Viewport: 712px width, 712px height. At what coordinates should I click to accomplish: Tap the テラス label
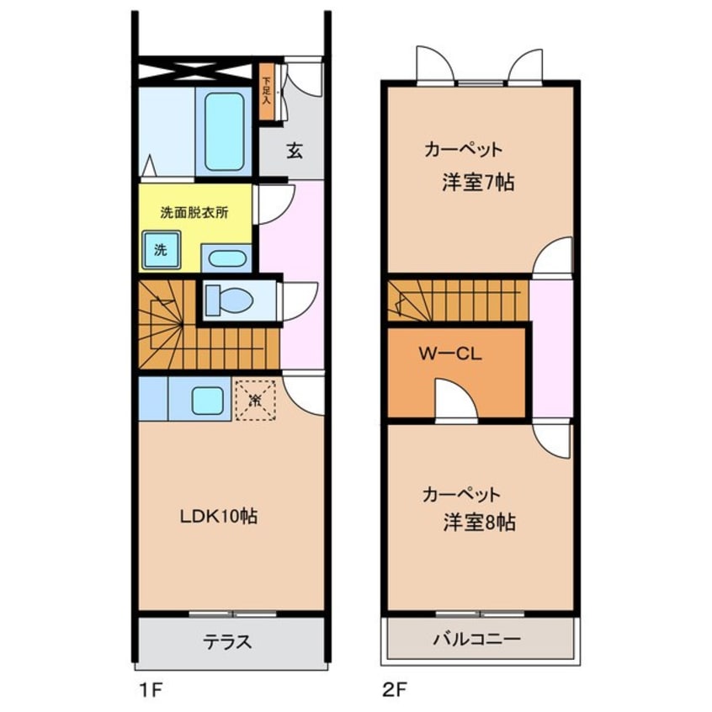tap(226, 642)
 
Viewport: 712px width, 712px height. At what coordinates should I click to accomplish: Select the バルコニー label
tap(477, 639)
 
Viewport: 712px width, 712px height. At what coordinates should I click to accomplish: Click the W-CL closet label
tap(450, 354)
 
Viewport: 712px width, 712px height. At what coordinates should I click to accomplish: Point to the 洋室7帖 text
tap(478, 183)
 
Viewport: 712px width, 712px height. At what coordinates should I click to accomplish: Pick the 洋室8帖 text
tap(480, 523)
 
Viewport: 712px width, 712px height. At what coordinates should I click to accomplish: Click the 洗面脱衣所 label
tap(194, 213)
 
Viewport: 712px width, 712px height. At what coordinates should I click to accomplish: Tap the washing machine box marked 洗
tap(160, 250)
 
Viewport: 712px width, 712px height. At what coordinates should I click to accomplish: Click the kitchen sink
tap(206, 399)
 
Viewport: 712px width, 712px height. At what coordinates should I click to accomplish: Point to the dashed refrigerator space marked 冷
tap(255, 399)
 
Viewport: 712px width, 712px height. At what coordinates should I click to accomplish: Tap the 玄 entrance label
tap(295, 151)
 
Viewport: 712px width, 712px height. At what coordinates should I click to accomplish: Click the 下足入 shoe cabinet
tap(267, 92)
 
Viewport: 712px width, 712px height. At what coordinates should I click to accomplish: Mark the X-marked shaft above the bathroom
tap(197, 71)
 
